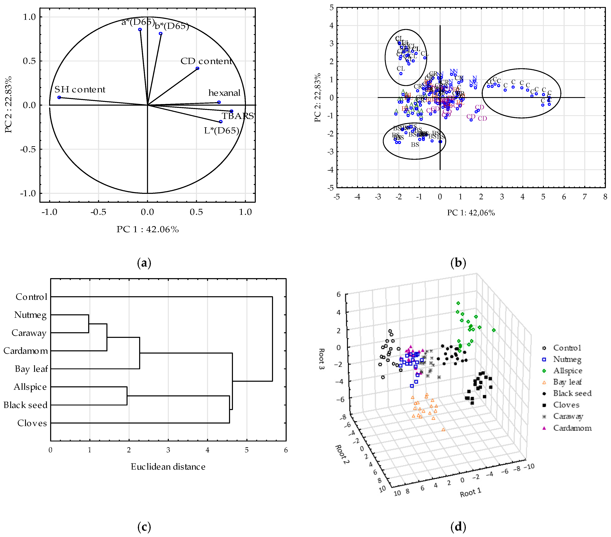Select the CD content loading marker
(x=197, y=68)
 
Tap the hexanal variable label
(x=224, y=93)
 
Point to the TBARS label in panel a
(x=238, y=116)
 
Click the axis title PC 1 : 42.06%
(x=148, y=230)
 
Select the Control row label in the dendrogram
(x=31, y=297)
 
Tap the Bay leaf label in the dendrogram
(x=31, y=369)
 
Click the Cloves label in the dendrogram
(x=32, y=423)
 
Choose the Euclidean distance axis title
(x=168, y=467)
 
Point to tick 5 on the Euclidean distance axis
(x=247, y=450)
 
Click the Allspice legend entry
(x=567, y=371)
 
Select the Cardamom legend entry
(x=572, y=428)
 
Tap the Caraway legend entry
(x=568, y=416)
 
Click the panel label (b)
(x=458, y=263)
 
